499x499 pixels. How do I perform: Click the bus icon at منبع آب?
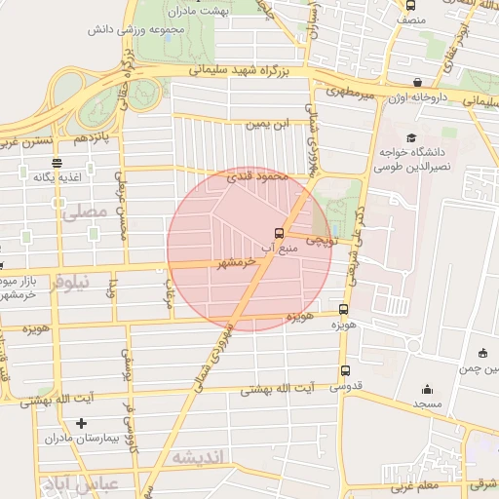pos(280,233)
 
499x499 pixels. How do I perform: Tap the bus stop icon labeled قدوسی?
pos(345,370)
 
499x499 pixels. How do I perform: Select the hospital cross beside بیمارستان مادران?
pos(81,424)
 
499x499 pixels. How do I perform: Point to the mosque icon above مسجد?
pos(427,386)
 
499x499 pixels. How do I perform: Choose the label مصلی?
pos(81,210)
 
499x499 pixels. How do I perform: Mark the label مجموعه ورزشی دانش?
pos(157,30)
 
